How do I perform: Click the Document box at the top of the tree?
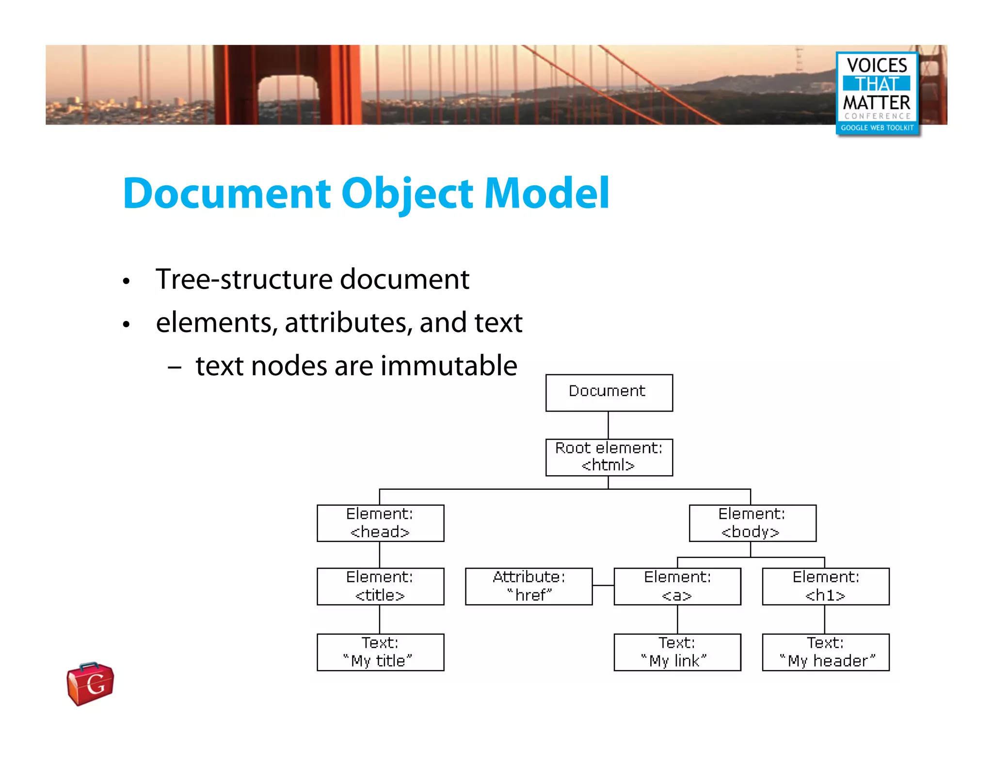click(609, 393)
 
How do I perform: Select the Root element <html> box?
click(609, 457)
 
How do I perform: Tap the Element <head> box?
click(380, 523)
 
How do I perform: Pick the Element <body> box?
click(753, 523)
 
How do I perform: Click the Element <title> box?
click(380, 586)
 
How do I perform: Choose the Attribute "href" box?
click(529, 586)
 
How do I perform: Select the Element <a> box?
click(677, 586)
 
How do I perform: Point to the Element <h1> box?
click(826, 586)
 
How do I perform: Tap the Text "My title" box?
click(380, 652)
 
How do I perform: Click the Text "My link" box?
click(677, 652)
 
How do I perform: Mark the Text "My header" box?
click(826, 652)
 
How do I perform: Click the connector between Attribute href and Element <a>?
click(603, 586)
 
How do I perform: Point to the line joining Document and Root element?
click(609, 425)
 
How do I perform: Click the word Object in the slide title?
click(407, 194)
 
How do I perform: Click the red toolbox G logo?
click(91, 684)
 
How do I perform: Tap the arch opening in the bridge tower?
click(287, 99)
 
